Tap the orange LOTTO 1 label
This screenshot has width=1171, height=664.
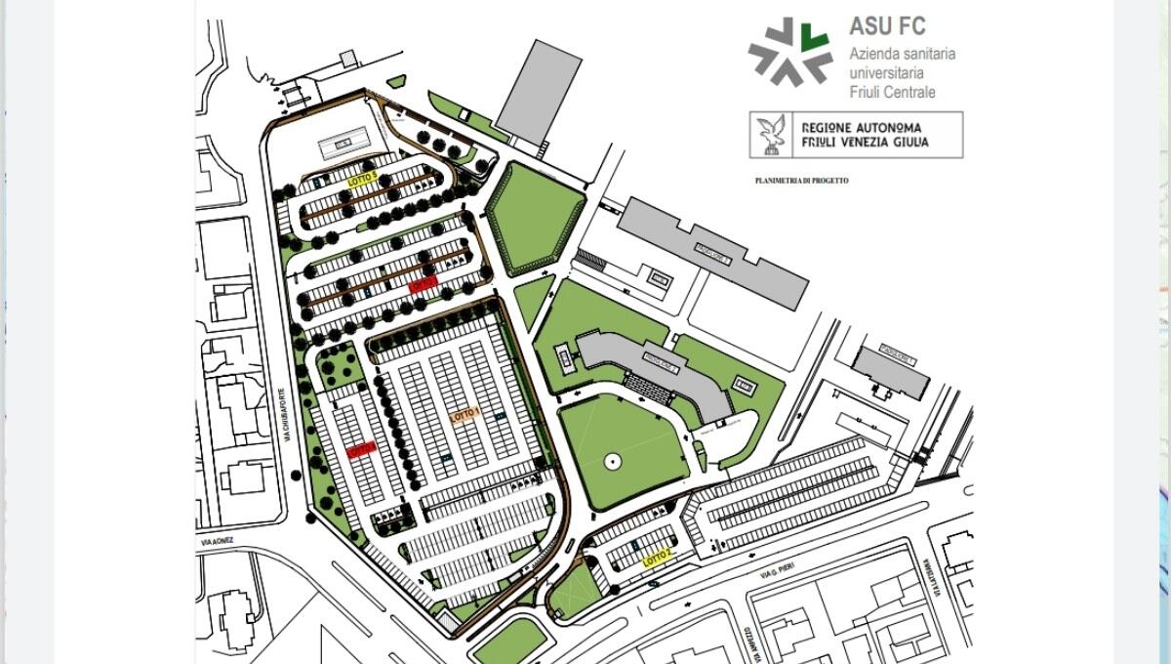point(465,415)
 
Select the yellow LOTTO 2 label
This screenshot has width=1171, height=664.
point(658,558)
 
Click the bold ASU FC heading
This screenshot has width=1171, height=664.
point(887,26)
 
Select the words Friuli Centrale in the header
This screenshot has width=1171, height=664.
point(892,92)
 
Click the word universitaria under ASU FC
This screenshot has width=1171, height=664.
point(886,72)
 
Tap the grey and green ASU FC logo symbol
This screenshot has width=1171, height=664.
point(790,51)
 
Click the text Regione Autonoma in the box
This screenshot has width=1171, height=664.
point(860,127)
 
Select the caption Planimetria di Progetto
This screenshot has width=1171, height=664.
point(801,181)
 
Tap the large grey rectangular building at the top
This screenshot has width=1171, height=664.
point(538,91)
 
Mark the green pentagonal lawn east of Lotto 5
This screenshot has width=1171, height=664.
point(535,218)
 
